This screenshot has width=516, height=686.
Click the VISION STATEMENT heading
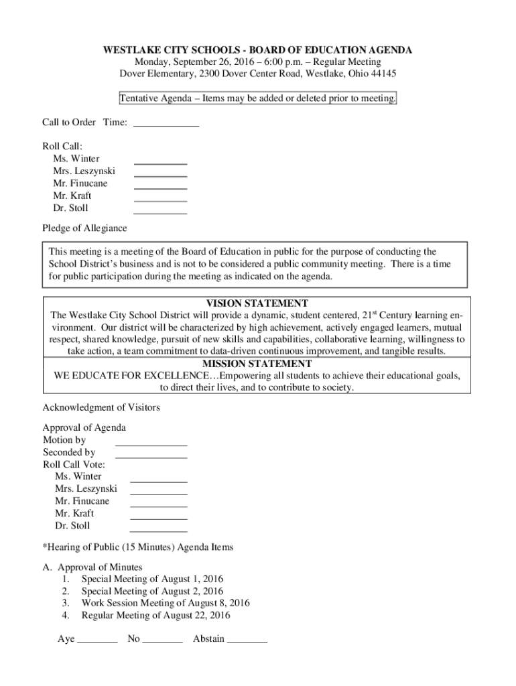coord(257,303)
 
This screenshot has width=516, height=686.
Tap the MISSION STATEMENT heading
coord(257,364)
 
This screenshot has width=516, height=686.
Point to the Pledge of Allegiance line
coord(84,228)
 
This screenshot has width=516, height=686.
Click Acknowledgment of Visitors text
coord(101,407)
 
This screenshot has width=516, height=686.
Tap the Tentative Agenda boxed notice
coord(257,98)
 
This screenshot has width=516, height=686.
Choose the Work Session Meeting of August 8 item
coord(166,603)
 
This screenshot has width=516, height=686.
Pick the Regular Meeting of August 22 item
coord(155,615)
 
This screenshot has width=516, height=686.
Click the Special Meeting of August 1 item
coord(152,579)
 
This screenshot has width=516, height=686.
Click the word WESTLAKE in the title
coord(129,50)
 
